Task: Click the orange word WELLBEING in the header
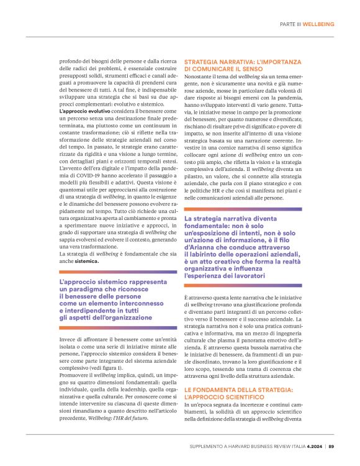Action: tap(318, 24)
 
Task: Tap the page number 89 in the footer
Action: tap(331, 445)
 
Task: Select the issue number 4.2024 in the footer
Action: tap(312, 445)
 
